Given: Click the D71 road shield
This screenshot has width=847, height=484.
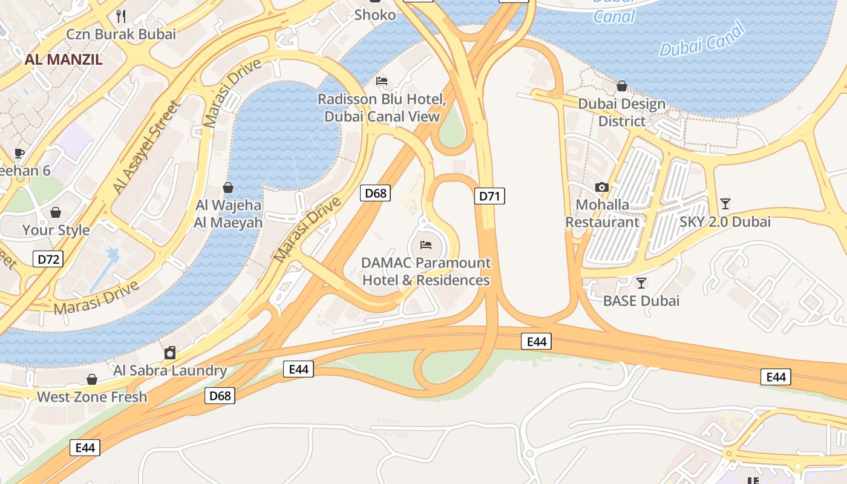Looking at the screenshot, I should coord(489,196).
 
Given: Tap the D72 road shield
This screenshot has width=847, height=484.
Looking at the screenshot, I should coord(48,260).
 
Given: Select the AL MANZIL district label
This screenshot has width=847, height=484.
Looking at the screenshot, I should coord(64,59).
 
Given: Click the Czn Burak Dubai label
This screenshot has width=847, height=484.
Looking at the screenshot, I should coord(121,34).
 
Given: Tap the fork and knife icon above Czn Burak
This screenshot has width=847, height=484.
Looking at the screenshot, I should coord(121,16).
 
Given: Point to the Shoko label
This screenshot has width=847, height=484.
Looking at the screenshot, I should coord(375,15).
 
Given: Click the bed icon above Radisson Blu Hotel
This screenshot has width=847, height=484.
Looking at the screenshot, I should coord(382,80).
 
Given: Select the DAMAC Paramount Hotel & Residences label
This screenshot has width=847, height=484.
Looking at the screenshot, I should coord(426,272).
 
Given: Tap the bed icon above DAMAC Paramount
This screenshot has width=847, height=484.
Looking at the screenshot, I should coord(426,245).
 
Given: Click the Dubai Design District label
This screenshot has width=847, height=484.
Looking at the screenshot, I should coord(621,113).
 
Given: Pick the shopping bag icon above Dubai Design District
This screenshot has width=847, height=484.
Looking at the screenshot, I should coord(621,86).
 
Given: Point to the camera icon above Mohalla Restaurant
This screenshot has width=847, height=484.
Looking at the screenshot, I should coord(601,187).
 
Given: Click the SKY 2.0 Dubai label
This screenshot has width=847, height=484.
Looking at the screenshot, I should coord(725,221).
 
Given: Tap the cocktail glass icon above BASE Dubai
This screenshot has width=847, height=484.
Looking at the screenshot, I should coord(641,283).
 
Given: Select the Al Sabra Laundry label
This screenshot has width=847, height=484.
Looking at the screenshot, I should coord(170,370).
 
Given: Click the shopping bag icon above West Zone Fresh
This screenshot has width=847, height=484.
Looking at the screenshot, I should coord(92,379).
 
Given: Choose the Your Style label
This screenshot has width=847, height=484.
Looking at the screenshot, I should coord(56,230).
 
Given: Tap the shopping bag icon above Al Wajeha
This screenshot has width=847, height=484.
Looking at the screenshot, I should coord(228,188).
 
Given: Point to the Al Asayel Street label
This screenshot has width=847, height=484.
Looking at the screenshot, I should coord(147,148).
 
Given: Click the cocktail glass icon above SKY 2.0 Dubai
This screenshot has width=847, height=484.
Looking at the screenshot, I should coord(725,203).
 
